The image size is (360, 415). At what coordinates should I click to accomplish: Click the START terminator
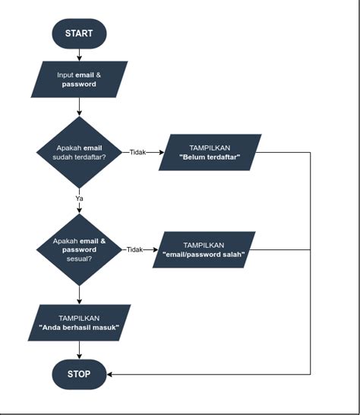[x=78, y=34]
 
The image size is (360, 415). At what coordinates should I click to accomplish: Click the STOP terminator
[x=78, y=374]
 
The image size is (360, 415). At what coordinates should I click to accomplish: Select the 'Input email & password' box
[x=78, y=80]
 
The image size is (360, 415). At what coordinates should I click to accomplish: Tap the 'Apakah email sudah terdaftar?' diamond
[x=79, y=152]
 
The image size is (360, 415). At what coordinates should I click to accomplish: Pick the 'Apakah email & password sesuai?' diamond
[x=79, y=249]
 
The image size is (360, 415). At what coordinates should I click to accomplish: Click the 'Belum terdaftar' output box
[x=210, y=152]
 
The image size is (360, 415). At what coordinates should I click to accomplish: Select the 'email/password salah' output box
[x=204, y=250]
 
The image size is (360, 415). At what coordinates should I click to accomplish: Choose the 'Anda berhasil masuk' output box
[x=79, y=322]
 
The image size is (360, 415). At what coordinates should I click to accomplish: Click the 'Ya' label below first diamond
[x=79, y=198]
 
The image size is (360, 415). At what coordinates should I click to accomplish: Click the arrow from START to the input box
[x=79, y=54]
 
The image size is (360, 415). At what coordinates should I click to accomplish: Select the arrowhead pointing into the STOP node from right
[x=109, y=374]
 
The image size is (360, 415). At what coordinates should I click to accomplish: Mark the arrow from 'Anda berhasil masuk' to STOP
[x=79, y=350]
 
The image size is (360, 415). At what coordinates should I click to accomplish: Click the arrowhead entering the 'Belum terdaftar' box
[x=160, y=152]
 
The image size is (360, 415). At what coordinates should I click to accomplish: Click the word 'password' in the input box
[x=79, y=84]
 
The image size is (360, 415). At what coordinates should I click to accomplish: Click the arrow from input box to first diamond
[x=79, y=107]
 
